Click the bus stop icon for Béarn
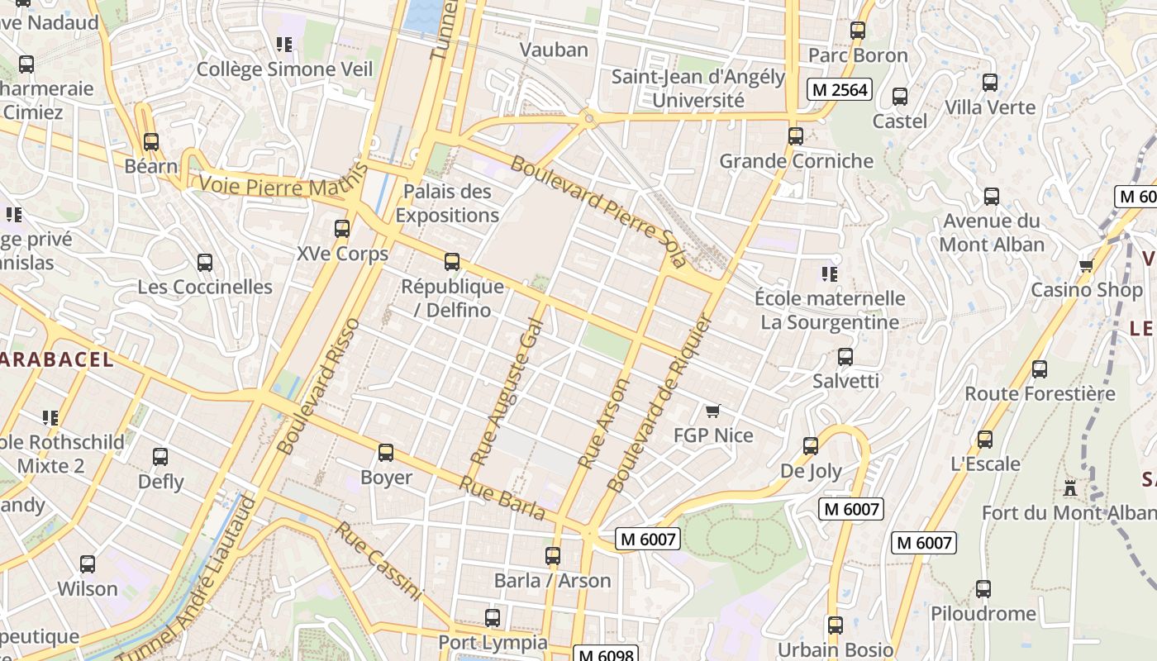(x=150, y=141)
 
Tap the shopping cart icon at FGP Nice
(x=712, y=411)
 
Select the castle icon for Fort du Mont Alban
(x=1070, y=487)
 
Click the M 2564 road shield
(x=840, y=89)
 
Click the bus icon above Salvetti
(x=845, y=357)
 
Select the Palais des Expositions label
(x=447, y=203)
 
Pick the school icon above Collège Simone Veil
(x=284, y=45)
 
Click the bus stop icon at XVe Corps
(x=341, y=229)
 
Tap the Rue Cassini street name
(x=379, y=560)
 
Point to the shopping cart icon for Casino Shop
(x=1086, y=265)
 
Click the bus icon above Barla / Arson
(x=552, y=556)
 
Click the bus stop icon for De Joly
(x=811, y=446)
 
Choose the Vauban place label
(x=554, y=50)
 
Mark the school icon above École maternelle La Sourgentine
(x=829, y=273)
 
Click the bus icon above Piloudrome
(x=983, y=589)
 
